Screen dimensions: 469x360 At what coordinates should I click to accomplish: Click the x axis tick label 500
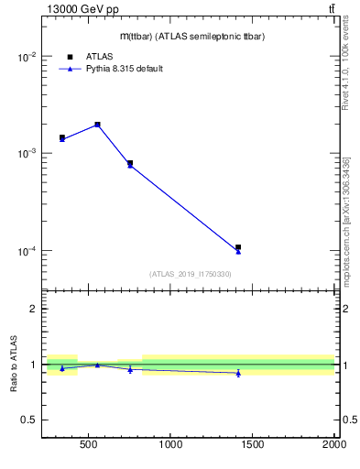[89, 446]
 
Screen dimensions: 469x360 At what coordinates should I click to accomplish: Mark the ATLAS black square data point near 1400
[238, 247]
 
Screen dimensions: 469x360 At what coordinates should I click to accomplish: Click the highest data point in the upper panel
[97, 125]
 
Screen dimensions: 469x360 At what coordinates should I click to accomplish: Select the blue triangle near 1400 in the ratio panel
[238, 373]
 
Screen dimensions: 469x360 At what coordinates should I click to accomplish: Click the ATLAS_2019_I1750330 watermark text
[190, 274]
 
